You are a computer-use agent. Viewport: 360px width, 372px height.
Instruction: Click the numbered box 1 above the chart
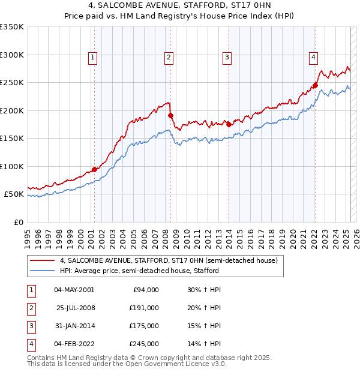coord(94,58)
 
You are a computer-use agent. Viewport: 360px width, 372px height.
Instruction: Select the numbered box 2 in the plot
coord(169,58)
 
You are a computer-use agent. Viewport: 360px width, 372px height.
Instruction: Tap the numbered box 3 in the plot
coord(228,58)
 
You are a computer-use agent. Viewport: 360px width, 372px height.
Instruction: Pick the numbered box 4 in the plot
coord(314,58)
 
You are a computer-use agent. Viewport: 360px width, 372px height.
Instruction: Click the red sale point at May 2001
coord(94,170)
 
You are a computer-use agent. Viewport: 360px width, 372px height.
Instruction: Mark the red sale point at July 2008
coord(170,115)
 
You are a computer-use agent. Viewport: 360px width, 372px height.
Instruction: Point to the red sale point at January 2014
coord(229,124)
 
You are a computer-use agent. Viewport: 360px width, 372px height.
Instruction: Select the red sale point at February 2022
coord(315,85)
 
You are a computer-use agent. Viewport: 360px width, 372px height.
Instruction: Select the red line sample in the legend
coord(41,261)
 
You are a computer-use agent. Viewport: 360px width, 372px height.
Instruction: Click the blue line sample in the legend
coord(41,271)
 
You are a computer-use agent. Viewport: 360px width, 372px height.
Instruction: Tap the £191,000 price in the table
coord(143,308)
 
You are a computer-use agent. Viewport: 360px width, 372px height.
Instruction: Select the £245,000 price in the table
coord(143,344)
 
